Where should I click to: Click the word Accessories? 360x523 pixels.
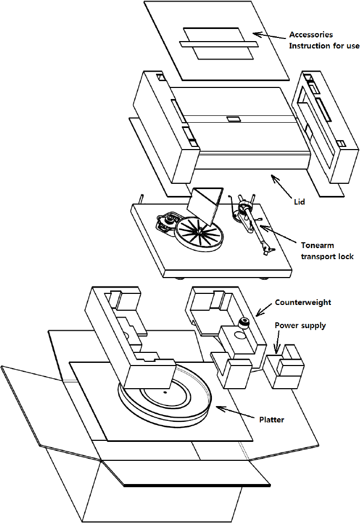click(311, 35)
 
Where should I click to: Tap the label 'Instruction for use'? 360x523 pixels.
click(324, 46)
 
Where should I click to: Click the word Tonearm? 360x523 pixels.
click(317, 245)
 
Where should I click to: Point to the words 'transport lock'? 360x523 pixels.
click(327, 256)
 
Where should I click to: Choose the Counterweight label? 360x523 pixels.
click(303, 303)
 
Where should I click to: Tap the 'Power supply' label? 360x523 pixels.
click(300, 325)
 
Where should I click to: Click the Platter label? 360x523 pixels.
click(271, 420)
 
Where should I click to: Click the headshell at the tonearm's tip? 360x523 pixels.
click(269, 246)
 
